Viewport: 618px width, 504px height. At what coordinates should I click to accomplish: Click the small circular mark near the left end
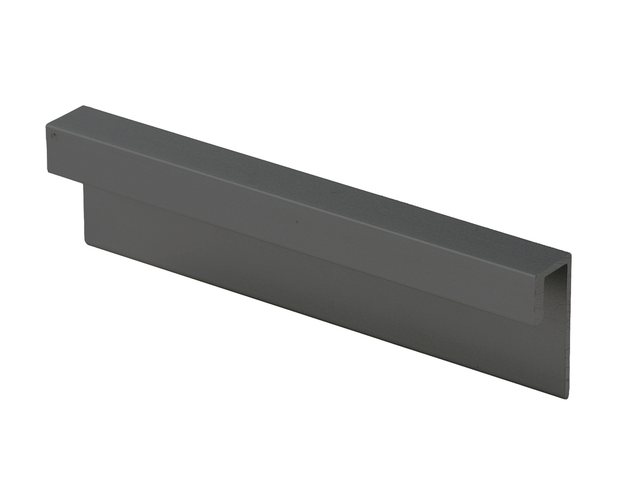pos(53,136)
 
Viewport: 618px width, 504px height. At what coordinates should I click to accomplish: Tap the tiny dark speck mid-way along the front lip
pos(296,223)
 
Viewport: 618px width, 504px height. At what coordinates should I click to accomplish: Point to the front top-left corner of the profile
pos(47,125)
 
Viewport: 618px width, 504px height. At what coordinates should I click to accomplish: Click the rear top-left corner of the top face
pos(82,107)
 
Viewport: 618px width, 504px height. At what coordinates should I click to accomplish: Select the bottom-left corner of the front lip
pos(49,171)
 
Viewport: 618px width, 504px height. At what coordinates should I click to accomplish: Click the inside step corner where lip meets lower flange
pos(84,184)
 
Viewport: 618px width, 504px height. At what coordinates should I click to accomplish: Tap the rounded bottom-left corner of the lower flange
pos(87,242)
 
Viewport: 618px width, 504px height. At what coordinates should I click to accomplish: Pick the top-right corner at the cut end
pos(570,253)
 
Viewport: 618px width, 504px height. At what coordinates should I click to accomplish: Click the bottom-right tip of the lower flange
pos(567,397)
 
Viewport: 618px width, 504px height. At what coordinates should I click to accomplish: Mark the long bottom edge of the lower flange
pos(324,319)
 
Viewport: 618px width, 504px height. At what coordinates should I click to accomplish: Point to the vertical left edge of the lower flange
pos(84,214)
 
